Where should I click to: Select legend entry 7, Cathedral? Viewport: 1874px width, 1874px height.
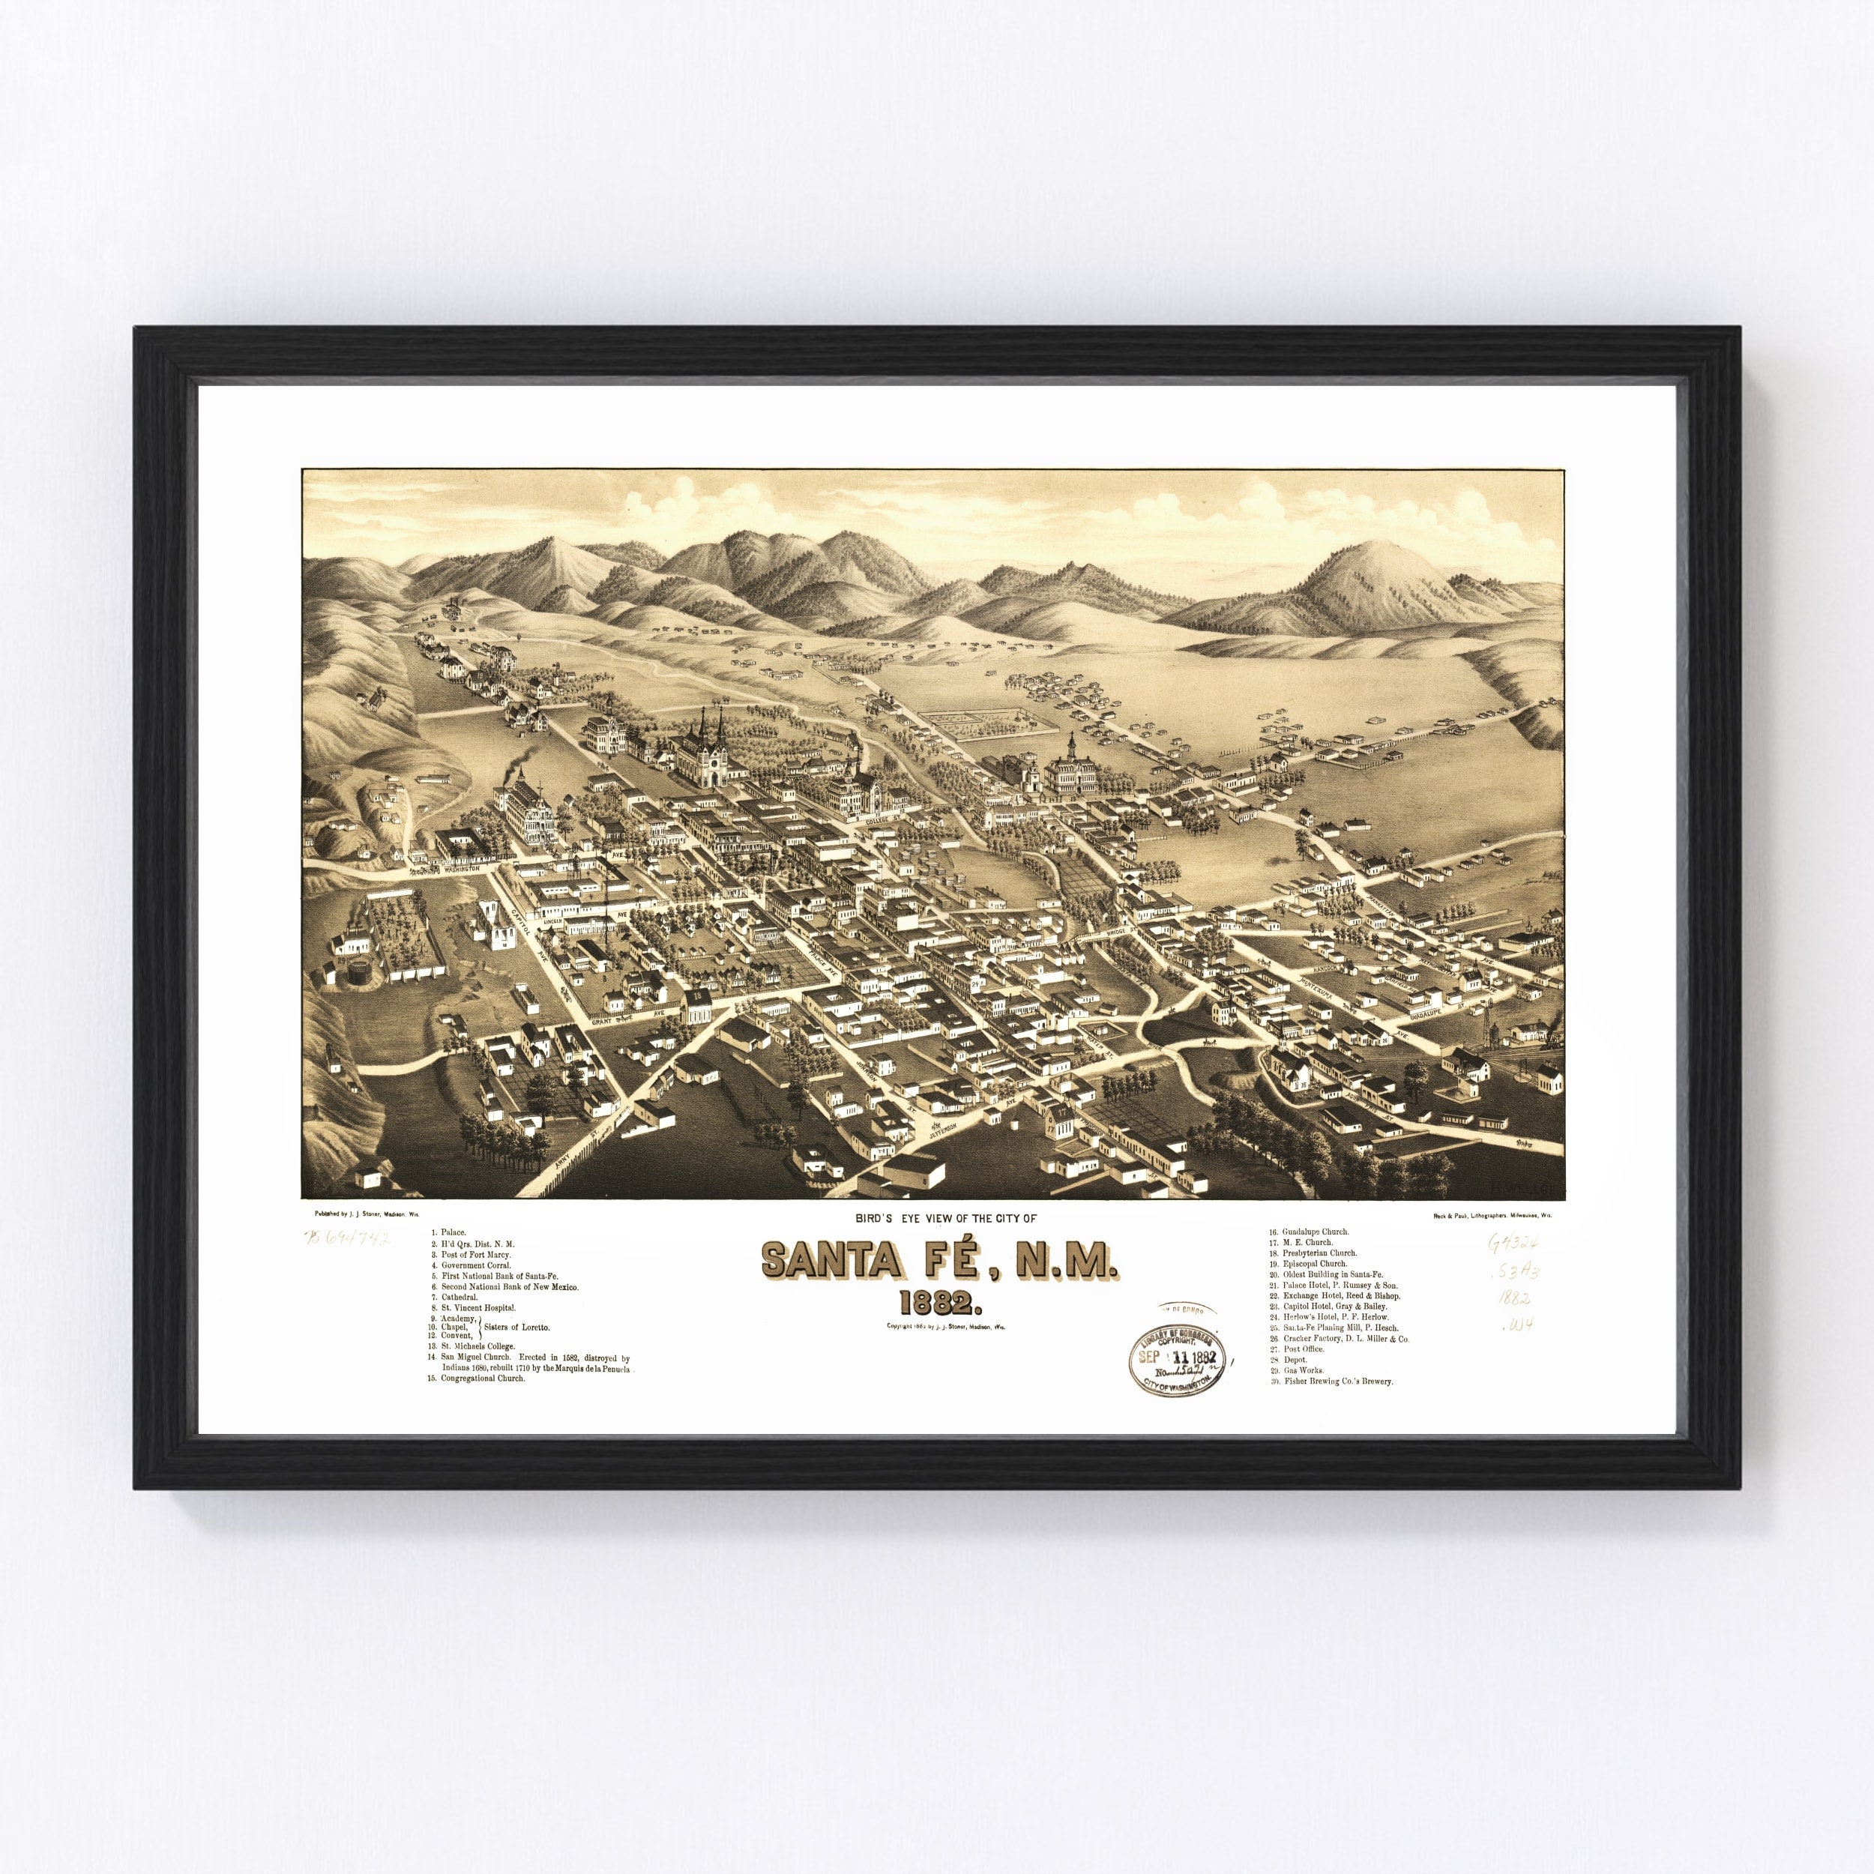459,1297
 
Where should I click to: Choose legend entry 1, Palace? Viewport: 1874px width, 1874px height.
452,1232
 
